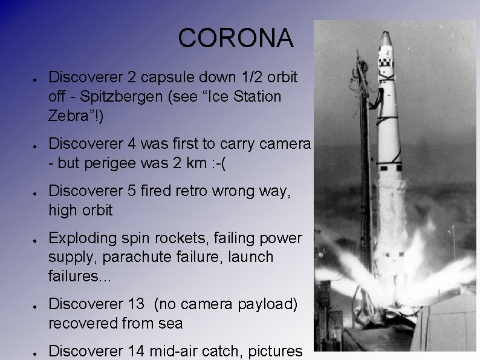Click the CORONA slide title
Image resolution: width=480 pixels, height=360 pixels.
(236, 39)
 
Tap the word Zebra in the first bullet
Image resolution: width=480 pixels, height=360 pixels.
(71, 116)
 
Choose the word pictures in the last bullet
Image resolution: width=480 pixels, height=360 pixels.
(274, 350)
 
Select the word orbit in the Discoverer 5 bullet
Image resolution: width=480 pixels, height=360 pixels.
(93, 211)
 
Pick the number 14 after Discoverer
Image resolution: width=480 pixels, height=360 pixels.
(138, 350)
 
